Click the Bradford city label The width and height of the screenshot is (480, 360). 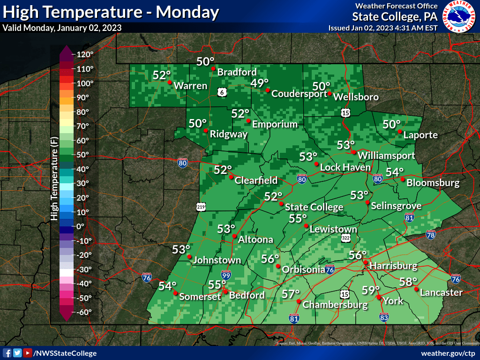pyautogui.click(x=237, y=72)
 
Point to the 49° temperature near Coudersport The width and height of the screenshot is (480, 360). pyautogui.click(x=259, y=83)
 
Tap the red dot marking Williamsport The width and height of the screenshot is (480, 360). pyautogui.click(x=354, y=152)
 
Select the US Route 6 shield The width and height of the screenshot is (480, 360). pyautogui.click(x=222, y=91)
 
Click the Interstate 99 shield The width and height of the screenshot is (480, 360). pyautogui.click(x=226, y=275)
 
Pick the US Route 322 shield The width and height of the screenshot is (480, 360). pyautogui.click(x=346, y=239)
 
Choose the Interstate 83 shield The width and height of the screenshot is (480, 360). pyautogui.click(x=384, y=317)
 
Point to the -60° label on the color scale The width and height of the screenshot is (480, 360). pyautogui.click(x=84, y=312)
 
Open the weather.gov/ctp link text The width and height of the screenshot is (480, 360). pyautogui.click(x=448, y=353)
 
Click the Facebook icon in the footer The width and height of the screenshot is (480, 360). pyautogui.click(x=7, y=353)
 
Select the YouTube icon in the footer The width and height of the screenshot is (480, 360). pyautogui.click(x=28, y=353)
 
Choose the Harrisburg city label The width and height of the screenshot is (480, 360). pyautogui.click(x=393, y=266)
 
